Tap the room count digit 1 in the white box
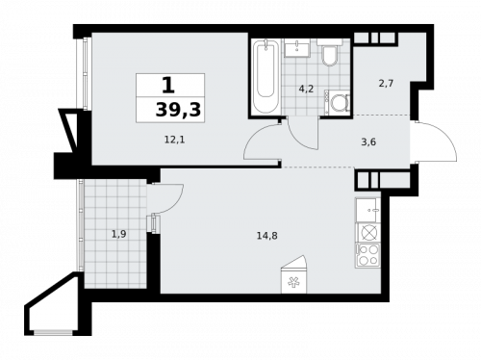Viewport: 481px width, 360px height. [168, 86]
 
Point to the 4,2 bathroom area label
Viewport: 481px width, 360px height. [305, 89]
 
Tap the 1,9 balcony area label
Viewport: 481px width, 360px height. [116, 232]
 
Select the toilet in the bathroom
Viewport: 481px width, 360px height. [329, 55]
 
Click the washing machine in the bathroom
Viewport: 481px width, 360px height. [340, 102]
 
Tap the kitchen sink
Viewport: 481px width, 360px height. [367, 210]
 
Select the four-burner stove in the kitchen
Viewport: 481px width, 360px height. [367, 254]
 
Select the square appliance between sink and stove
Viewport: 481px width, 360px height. [367, 232]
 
